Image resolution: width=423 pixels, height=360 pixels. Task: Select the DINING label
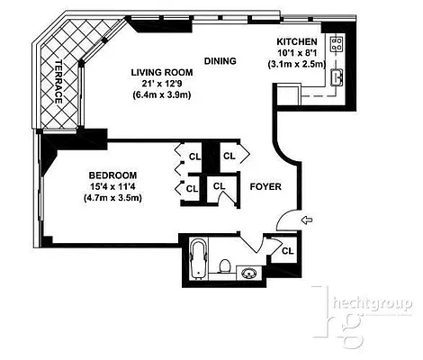coord(220,61)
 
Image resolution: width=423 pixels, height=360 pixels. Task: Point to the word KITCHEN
coord(295,42)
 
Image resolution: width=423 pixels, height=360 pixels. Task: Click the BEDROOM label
coord(112,175)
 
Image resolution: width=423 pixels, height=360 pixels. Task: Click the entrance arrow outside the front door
coord(308,219)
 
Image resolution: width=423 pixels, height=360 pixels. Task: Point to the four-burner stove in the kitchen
coord(338,42)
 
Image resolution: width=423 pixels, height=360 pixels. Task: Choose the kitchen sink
coord(338,77)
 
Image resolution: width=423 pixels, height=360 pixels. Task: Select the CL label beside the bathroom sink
coord(287,250)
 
